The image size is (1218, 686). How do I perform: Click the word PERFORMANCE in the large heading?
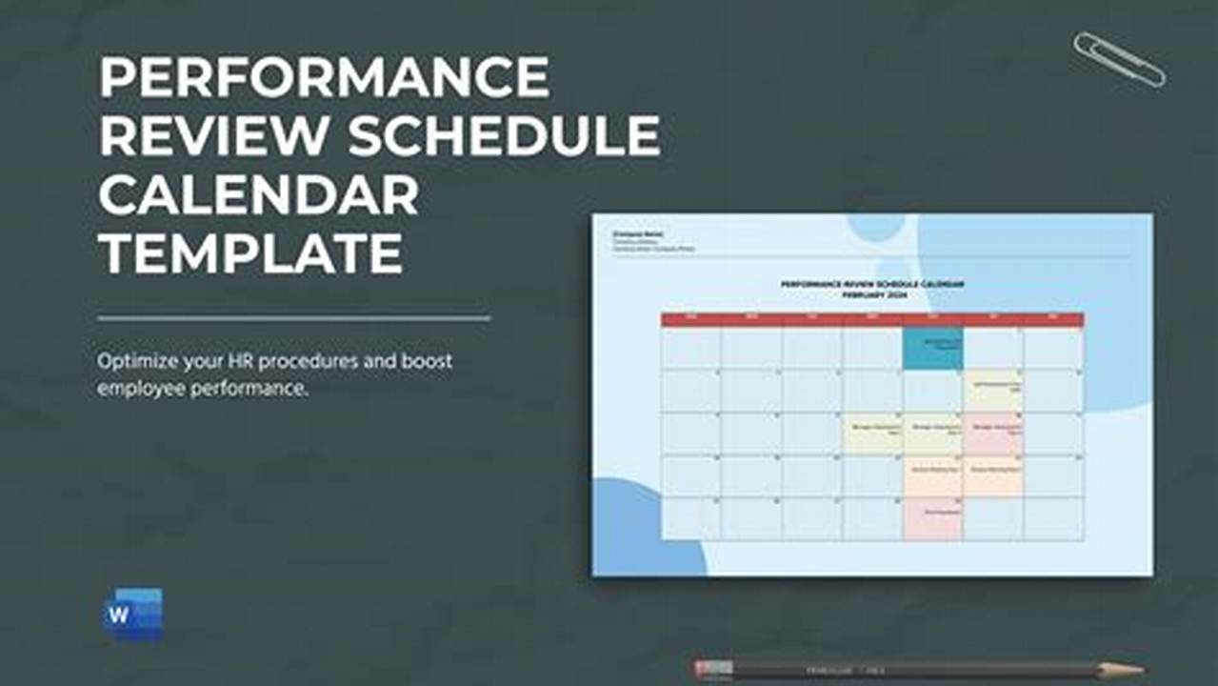(x=324, y=77)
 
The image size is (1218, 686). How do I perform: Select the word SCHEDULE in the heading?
(x=503, y=135)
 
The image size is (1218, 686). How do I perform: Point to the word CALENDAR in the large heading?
(x=258, y=194)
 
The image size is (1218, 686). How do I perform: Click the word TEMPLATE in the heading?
(x=250, y=253)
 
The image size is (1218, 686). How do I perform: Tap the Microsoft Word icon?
(x=132, y=615)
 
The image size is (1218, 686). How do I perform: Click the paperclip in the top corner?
(x=1118, y=58)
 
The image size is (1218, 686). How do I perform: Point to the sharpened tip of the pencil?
(x=1137, y=669)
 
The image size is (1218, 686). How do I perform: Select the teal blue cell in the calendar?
(x=932, y=349)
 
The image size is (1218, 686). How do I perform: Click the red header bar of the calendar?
(x=871, y=319)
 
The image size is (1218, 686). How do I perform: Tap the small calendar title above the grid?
(x=871, y=289)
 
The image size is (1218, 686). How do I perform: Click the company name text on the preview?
(x=638, y=233)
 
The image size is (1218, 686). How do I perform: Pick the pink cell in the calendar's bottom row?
(x=932, y=519)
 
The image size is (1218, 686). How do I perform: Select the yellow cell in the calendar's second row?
(x=993, y=391)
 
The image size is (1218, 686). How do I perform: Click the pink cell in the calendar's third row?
(x=993, y=434)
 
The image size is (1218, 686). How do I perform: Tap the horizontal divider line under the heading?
(x=293, y=318)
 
